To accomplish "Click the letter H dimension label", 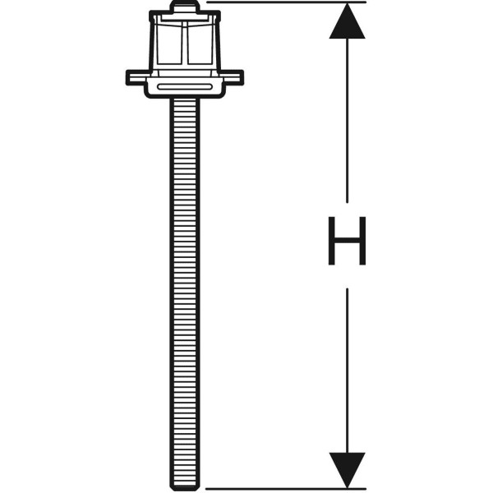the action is [x=347, y=241].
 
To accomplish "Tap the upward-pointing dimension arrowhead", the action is [x=347, y=21].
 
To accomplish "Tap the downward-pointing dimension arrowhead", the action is [x=347, y=470].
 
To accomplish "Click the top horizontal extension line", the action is [x=286, y=2].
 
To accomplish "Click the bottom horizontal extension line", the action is [x=286, y=489].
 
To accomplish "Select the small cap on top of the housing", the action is [x=185, y=7].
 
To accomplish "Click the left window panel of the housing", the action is [x=168, y=44].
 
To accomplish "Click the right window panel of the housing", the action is [x=200, y=44].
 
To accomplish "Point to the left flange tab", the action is [x=137, y=78].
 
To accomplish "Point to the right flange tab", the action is [x=233, y=78].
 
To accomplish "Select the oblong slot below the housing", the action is [x=185, y=87].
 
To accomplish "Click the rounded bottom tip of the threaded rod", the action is [x=185, y=486].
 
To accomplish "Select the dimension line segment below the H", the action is [x=347, y=371].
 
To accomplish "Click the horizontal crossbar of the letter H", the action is [x=347, y=241].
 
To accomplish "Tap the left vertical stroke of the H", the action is [x=331, y=241].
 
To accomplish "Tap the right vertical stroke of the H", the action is [x=363, y=241].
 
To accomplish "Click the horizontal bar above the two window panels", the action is [x=185, y=20].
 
